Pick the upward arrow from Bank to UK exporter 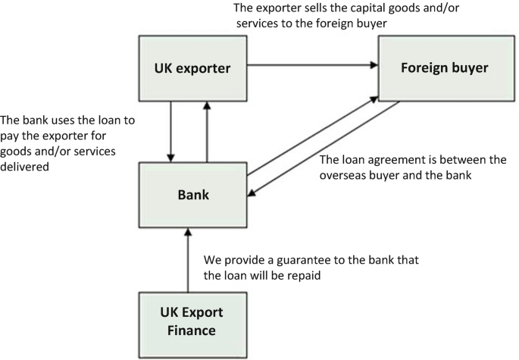click(x=207, y=133)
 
